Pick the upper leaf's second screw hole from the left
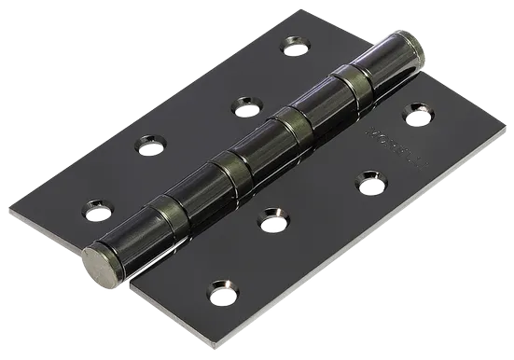tap(148, 145)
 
